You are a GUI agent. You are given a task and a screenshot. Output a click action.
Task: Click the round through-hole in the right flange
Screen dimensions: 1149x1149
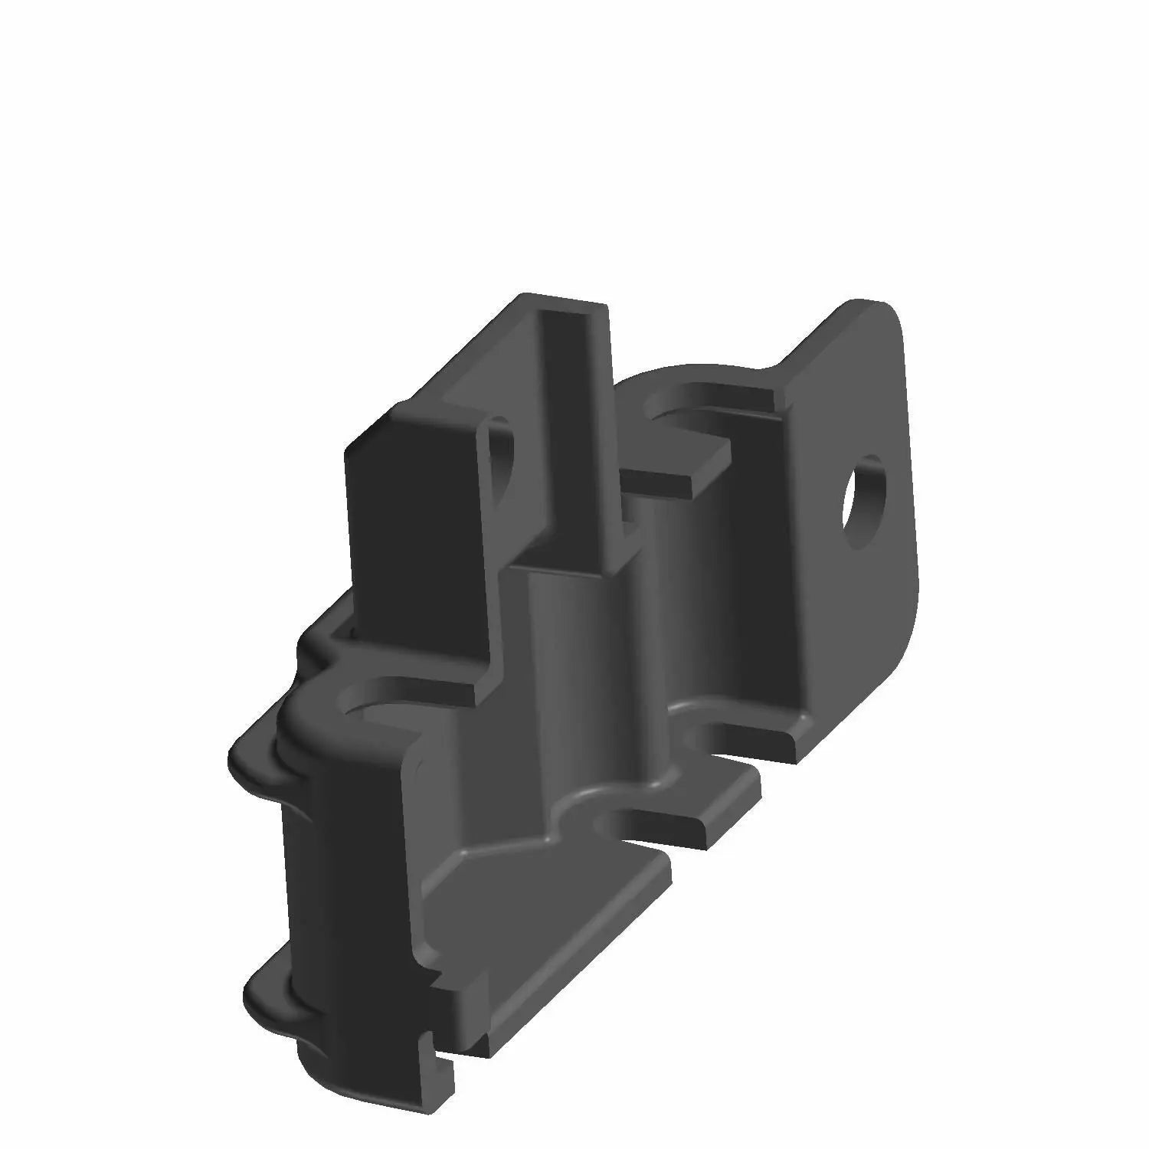[863, 502]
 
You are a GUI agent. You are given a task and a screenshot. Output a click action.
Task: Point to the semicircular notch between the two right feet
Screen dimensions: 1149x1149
[709, 739]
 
